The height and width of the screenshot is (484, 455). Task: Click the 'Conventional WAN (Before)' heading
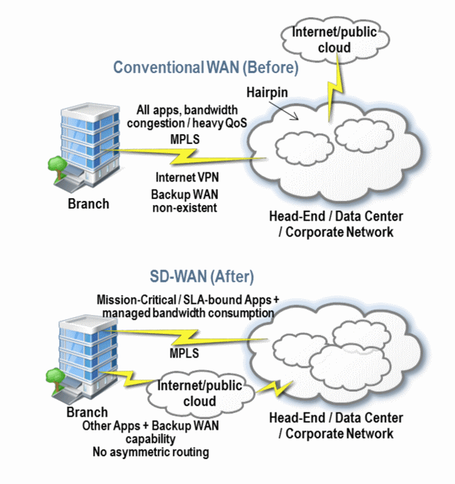pos(206,68)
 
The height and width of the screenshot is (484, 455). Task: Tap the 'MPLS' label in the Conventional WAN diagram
pos(184,138)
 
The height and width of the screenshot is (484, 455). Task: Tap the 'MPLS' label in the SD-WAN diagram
pos(185,354)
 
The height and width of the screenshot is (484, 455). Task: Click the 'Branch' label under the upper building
pos(88,204)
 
